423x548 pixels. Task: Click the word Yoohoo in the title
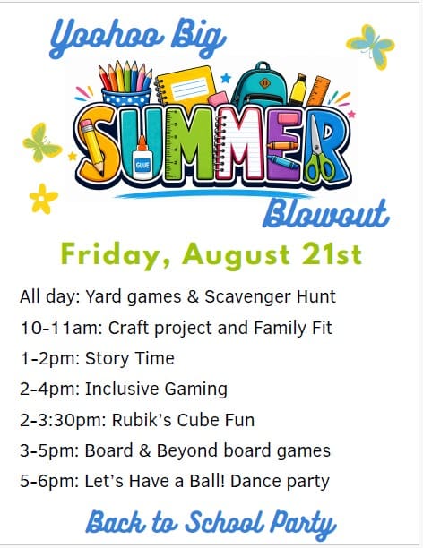point(107,39)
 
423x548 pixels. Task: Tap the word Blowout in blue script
point(326,213)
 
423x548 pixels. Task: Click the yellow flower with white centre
point(43,199)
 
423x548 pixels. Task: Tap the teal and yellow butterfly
point(370,47)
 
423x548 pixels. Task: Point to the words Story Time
point(130,358)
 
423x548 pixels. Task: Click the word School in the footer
point(224,523)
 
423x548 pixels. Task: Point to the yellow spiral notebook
point(186,87)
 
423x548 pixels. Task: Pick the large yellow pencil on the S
point(91,147)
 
